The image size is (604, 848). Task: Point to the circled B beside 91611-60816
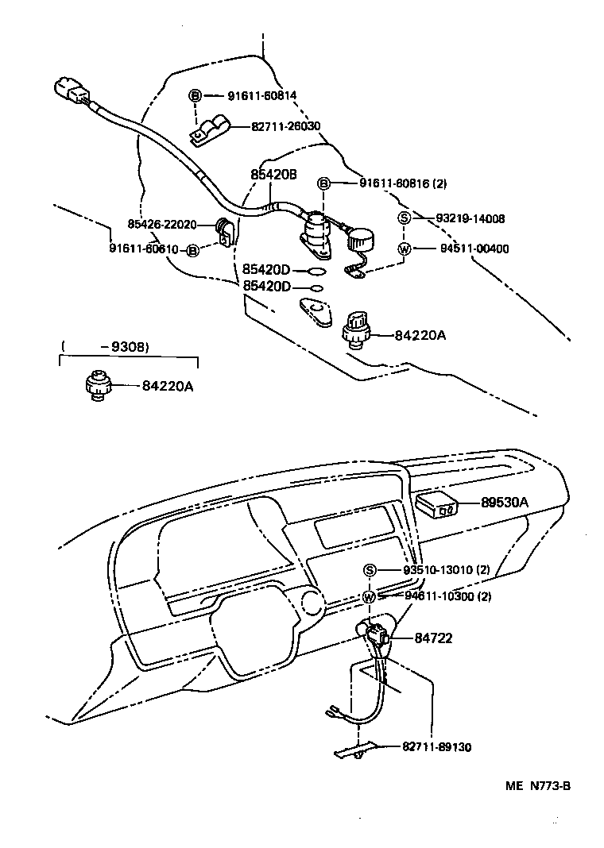[323, 183]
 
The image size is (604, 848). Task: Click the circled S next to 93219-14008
[404, 218]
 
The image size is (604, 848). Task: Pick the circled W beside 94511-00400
[404, 249]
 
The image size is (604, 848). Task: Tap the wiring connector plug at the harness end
[69, 91]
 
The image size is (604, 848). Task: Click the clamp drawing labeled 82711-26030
[210, 131]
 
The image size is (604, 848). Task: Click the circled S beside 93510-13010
[370, 570]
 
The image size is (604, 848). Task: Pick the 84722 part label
[433, 638]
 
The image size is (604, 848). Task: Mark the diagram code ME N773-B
[538, 787]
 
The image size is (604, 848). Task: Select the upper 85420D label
[266, 270]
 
